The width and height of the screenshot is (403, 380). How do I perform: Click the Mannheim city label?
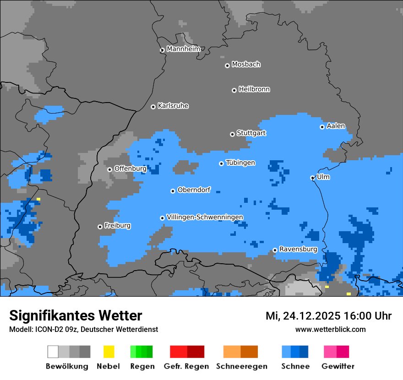coord(183,49)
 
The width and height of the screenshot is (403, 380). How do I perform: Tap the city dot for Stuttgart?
coord(232,134)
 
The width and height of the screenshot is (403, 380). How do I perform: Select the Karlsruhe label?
coord(173,106)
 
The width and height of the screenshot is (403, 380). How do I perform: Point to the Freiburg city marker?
coord(100,227)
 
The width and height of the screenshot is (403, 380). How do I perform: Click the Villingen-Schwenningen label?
coord(205,217)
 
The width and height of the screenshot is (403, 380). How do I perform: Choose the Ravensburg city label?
coord(298,249)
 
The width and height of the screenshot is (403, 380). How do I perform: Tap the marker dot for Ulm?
coord(312,178)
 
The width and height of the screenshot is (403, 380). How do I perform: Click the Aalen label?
coord(336,126)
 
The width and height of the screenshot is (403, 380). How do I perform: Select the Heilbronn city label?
coord(254,89)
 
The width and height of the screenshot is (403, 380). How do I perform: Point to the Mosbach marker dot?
coord(227,65)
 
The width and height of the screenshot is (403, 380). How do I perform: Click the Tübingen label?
coord(240,163)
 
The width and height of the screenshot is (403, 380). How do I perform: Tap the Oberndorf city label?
coord(194,190)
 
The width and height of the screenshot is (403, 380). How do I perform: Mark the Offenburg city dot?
coord(109,169)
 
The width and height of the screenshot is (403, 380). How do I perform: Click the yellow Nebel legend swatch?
coord(109,352)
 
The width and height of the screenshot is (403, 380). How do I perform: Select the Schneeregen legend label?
coord(242,366)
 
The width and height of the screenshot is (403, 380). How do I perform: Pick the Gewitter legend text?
coord(338,366)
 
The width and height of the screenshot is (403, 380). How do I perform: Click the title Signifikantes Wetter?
coord(76,315)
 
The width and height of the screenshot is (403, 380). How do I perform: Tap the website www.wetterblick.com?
coord(330,329)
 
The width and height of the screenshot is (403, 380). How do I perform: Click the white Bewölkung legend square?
coord(53,352)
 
